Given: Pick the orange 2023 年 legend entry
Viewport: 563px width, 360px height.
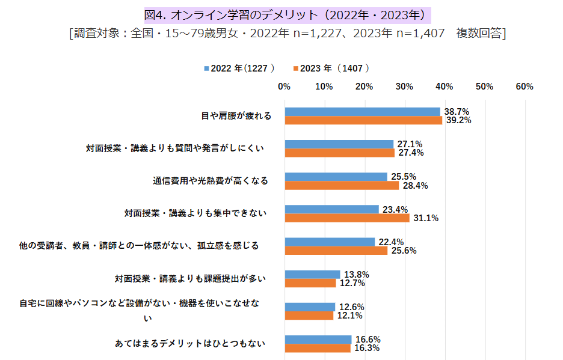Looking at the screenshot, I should click(331, 69).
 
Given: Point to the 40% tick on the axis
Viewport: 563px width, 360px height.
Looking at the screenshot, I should click(445, 87).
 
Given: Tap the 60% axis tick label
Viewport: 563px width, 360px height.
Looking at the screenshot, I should click(525, 87).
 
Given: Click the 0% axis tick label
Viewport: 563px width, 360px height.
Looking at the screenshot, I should click(285, 87).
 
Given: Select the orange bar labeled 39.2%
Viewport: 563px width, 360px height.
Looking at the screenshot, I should click(363, 120).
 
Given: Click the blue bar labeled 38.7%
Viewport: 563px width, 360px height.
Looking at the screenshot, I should click(362, 112).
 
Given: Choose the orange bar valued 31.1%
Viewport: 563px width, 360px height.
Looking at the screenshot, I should click(347, 218).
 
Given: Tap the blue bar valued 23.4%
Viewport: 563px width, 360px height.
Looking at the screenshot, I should click(331, 209).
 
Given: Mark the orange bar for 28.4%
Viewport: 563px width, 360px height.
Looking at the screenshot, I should click(342, 185).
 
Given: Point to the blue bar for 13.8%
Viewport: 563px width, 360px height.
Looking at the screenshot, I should click(312, 274).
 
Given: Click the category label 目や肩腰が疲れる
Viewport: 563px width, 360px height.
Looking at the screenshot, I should click(236, 115).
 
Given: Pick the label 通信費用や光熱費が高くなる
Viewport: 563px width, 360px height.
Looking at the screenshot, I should click(210, 180).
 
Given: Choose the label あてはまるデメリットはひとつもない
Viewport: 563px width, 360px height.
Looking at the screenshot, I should click(190, 343).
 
